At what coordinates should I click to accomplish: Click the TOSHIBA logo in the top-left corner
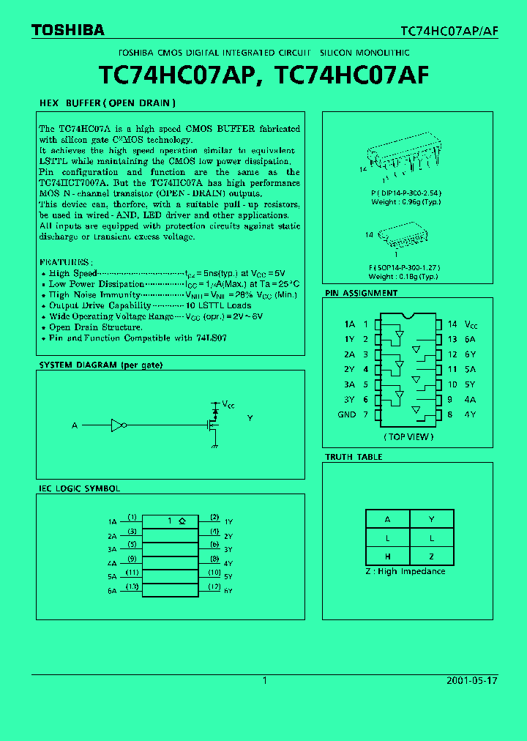coord(67,30)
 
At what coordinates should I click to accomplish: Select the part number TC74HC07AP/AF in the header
coord(449,31)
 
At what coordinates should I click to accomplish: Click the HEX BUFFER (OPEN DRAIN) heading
coord(107,103)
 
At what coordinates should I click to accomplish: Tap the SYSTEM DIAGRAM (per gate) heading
coord(100,365)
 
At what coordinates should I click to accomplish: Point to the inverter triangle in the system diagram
coord(117,425)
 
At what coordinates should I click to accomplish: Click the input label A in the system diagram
coord(74,425)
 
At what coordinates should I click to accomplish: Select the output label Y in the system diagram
coord(250,418)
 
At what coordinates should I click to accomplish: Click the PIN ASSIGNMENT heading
coord(361,293)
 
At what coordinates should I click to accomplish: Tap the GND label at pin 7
coord(347,414)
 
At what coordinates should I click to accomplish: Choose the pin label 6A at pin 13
coord(470,339)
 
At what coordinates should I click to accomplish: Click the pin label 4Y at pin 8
coord(470,414)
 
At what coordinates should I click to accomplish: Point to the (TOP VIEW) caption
coord(408,436)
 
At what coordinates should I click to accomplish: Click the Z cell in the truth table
coord(431,556)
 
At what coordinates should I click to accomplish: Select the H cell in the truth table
coord(387,556)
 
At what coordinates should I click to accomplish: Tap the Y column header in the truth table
coord(431,519)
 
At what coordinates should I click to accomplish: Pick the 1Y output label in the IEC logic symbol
coord(228,521)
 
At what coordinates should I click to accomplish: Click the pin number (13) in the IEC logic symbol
coord(132,587)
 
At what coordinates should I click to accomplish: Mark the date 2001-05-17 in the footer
coord(471,680)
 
